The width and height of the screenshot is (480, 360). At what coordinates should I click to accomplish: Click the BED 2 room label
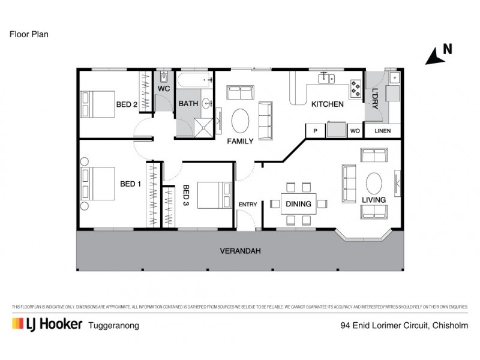(127, 104)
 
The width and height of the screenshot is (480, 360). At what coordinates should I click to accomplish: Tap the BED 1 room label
(130, 184)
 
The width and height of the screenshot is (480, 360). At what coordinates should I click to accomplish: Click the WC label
(164, 88)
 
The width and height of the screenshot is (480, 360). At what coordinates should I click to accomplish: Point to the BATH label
(188, 104)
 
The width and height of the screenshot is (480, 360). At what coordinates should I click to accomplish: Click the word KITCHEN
(327, 104)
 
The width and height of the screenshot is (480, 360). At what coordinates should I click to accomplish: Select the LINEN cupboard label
(382, 130)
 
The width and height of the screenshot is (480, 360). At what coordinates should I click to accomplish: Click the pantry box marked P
(315, 130)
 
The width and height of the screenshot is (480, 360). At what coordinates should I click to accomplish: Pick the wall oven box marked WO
(354, 130)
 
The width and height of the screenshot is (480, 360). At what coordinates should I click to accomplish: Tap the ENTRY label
(248, 205)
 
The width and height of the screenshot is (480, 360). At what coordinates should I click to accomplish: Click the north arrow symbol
(433, 55)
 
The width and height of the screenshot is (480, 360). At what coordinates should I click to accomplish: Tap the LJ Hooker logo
(46, 325)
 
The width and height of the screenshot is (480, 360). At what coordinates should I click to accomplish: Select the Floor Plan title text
(28, 34)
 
